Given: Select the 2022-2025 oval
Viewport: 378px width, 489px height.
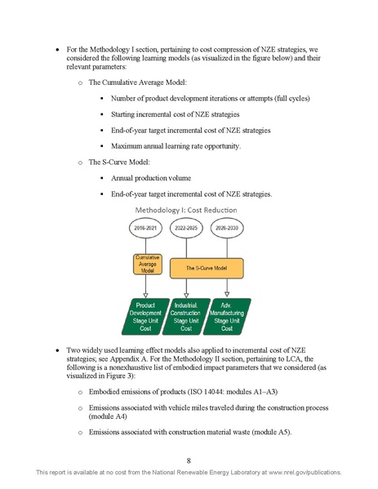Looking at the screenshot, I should tap(188, 229).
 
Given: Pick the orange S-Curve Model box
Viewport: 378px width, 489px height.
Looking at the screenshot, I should tap(207, 266).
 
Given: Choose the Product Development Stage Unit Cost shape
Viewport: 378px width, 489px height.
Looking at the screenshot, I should tap(145, 316).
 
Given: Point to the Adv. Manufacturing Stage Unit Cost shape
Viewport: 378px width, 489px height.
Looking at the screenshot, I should tap(228, 316).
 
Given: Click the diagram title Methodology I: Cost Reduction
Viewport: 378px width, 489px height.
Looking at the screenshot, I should tap(188, 210).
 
